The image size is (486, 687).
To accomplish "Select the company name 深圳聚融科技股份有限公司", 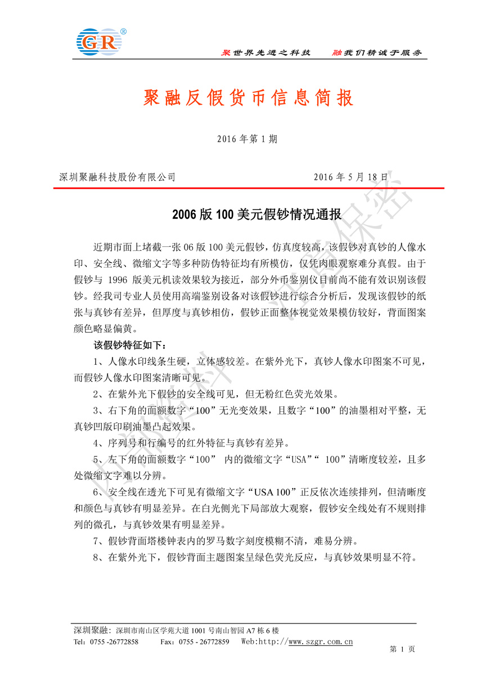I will (x=118, y=177).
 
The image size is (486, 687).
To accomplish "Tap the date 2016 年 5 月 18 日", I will (x=350, y=177).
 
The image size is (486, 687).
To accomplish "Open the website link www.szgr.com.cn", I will (x=321, y=641).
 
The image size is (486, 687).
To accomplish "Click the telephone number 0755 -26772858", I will (x=114, y=641).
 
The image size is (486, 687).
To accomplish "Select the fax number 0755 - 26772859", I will (x=203, y=641).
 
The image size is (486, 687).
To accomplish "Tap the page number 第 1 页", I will (x=402, y=649).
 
